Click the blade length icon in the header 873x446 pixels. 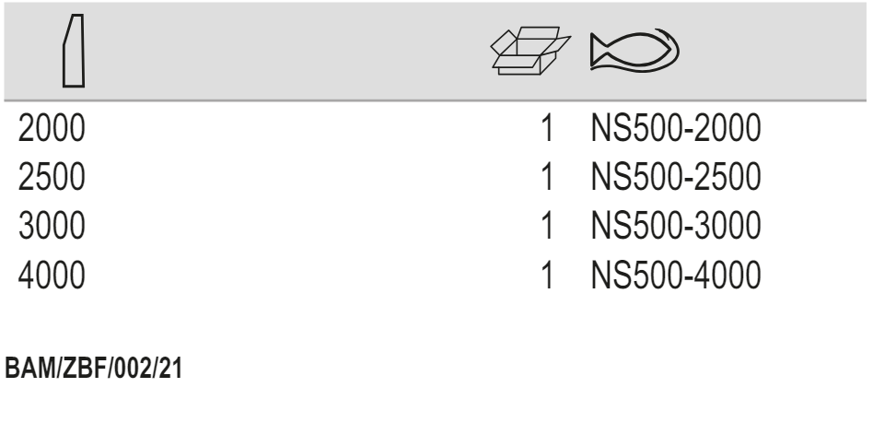tap(72, 53)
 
